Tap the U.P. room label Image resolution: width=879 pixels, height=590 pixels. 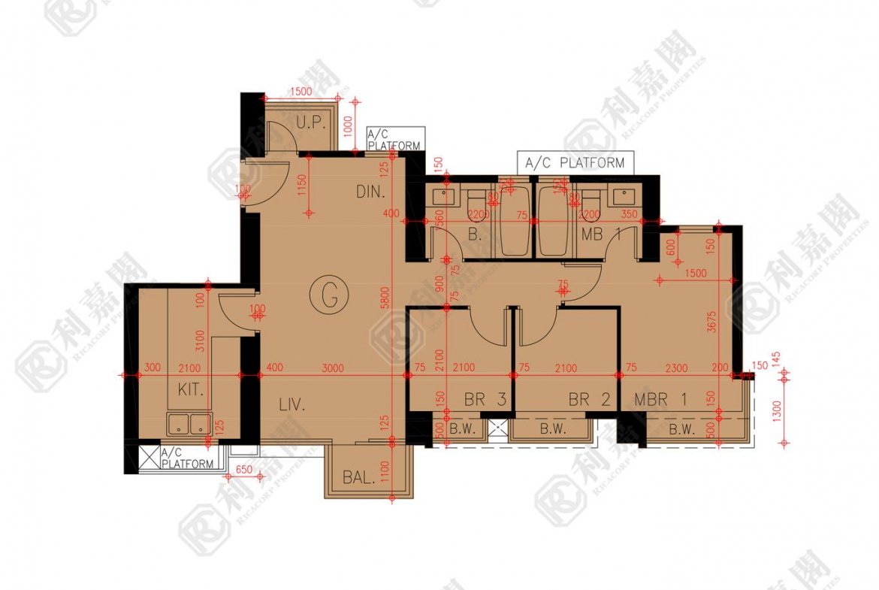(309, 123)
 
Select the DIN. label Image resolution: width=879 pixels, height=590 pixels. (370, 192)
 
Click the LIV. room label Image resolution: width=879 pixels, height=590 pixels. (291, 405)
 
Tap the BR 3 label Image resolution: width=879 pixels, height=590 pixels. (484, 400)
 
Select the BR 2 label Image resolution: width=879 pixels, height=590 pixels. (589, 400)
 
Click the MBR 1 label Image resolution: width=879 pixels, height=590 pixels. (660, 400)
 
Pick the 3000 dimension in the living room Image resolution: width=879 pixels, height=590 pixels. (332, 368)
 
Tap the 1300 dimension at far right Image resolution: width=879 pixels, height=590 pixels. (776, 413)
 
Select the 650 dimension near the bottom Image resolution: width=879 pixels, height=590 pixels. (243, 470)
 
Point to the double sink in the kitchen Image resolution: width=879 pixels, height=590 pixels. (190, 424)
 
